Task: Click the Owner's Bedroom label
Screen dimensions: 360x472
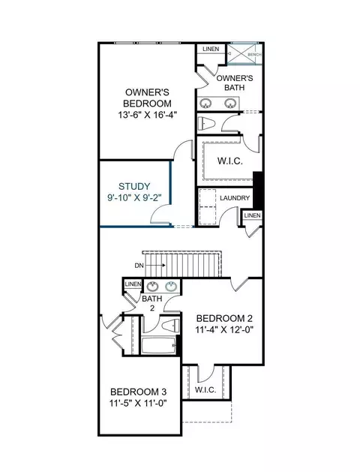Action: click(x=147, y=98)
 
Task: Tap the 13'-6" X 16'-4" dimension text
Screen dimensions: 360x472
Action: click(x=147, y=115)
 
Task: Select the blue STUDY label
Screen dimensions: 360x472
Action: click(x=134, y=186)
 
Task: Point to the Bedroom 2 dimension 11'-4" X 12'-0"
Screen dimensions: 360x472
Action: click(x=224, y=329)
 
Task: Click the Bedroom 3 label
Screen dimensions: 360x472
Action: click(x=138, y=392)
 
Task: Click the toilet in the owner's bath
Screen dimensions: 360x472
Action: click(x=206, y=123)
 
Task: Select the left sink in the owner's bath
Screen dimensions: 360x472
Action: click(x=205, y=104)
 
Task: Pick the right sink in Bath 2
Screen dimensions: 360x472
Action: click(x=171, y=286)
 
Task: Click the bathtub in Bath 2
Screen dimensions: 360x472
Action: click(x=158, y=345)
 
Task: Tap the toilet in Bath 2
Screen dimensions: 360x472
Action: click(x=170, y=326)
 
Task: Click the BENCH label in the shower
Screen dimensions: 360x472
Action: click(x=254, y=55)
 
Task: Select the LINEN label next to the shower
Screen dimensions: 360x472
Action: click(x=211, y=49)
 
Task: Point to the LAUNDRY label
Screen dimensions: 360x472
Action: click(x=235, y=198)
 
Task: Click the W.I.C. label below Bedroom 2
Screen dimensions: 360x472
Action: click(x=205, y=389)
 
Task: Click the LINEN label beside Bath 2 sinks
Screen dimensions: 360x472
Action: click(x=133, y=284)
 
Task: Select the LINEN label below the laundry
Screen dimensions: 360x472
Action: click(x=252, y=215)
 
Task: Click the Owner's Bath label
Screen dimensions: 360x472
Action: click(x=235, y=83)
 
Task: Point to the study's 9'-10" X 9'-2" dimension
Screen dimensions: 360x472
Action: click(x=134, y=198)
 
